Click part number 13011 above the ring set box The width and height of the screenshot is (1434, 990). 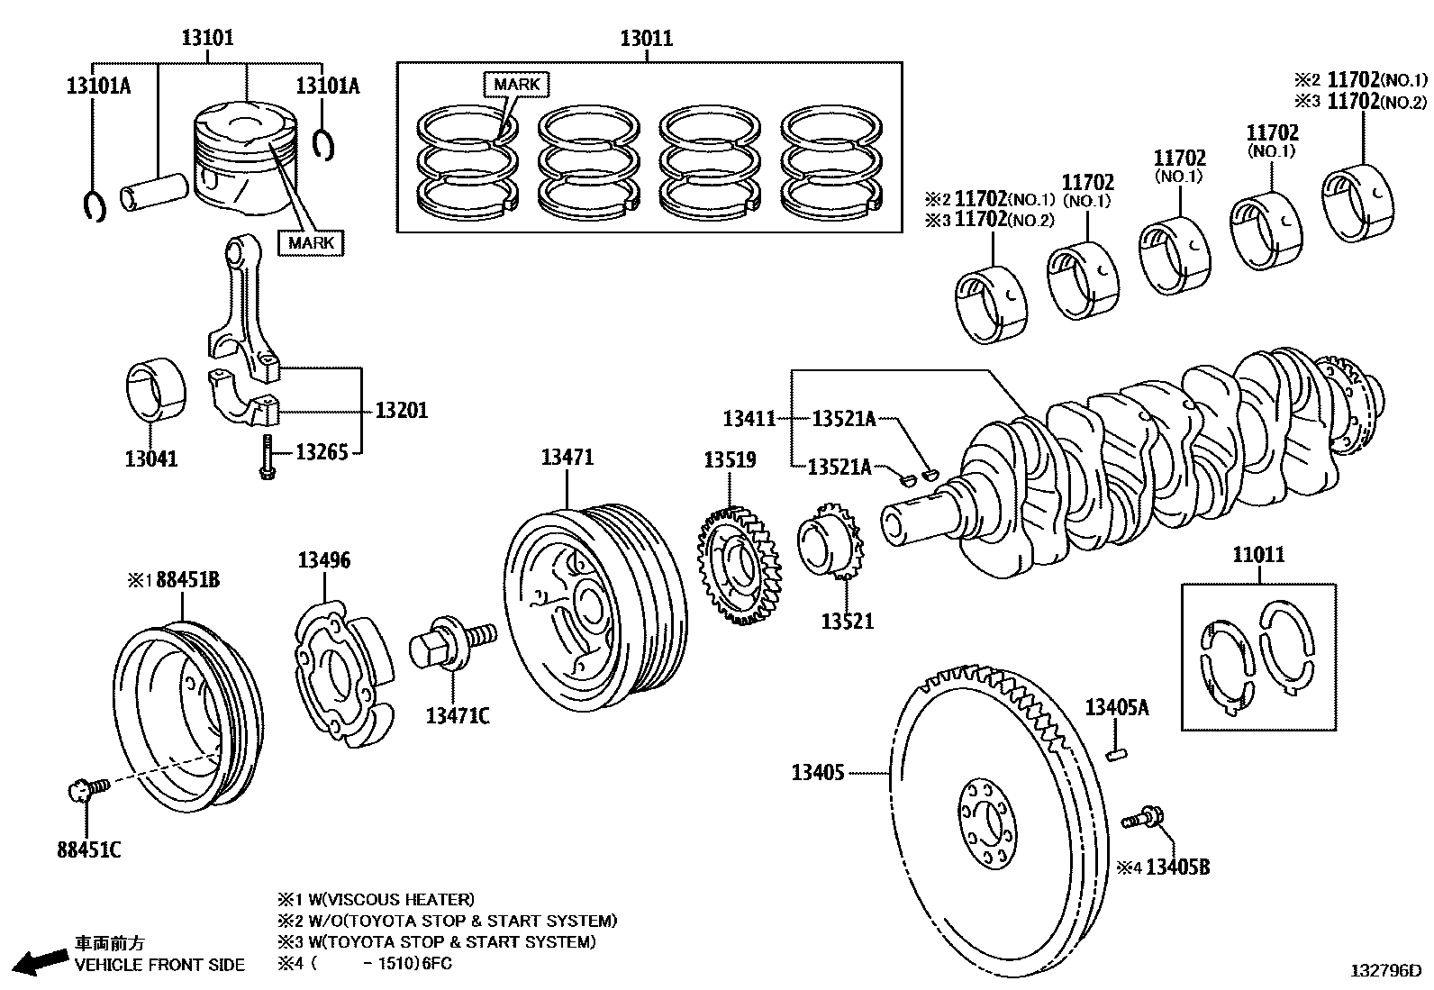pos(646,39)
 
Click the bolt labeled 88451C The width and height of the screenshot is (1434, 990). pos(86,790)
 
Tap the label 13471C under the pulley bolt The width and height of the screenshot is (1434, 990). pos(458,716)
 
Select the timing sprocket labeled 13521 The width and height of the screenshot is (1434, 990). pos(829,544)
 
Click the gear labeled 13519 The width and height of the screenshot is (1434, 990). pos(739,568)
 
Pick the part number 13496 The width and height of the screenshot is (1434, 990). pos(324,560)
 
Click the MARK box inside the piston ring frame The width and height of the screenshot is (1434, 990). pos(516,85)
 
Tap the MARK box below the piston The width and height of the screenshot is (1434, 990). pos(312,242)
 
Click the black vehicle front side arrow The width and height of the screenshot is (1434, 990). pos(40,961)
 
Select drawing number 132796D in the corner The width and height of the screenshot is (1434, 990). pos(1384,971)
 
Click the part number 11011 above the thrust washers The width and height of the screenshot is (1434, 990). pos(1258,555)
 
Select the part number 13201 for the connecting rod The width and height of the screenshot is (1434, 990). pos(401,411)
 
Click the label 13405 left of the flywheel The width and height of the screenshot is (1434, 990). pos(818,772)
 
